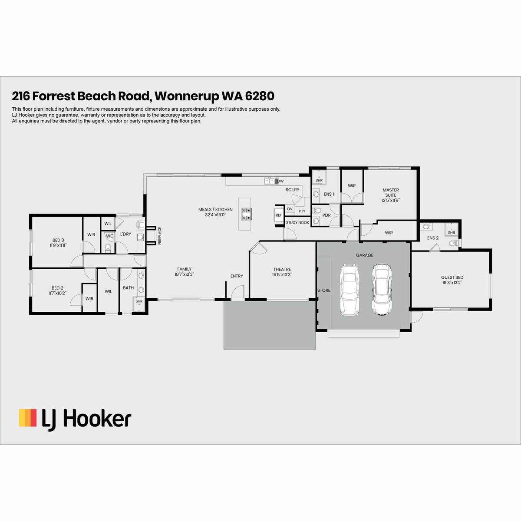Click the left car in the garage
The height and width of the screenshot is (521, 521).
(x=350, y=290)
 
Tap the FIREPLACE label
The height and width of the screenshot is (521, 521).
(x=159, y=236)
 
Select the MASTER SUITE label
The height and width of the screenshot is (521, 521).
(x=390, y=192)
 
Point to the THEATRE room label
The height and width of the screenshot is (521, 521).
(x=282, y=269)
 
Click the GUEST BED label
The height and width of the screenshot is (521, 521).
(x=452, y=277)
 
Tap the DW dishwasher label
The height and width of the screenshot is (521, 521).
(x=280, y=181)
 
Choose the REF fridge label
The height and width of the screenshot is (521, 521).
(x=278, y=215)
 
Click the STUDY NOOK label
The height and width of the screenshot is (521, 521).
(x=297, y=223)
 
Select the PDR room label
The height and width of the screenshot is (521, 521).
(x=326, y=215)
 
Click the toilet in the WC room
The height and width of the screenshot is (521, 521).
(x=108, y=247)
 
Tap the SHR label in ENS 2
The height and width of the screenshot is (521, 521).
(x=451, y=233)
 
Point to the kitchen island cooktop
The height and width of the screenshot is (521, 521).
(x=246, y=214)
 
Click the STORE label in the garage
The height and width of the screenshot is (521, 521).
(x=323, y=290)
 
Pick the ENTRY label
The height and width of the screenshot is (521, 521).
(x=237, y=276)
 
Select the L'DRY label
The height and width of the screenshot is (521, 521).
(x=125, y=234)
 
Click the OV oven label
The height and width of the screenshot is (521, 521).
(x=290, y=209)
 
